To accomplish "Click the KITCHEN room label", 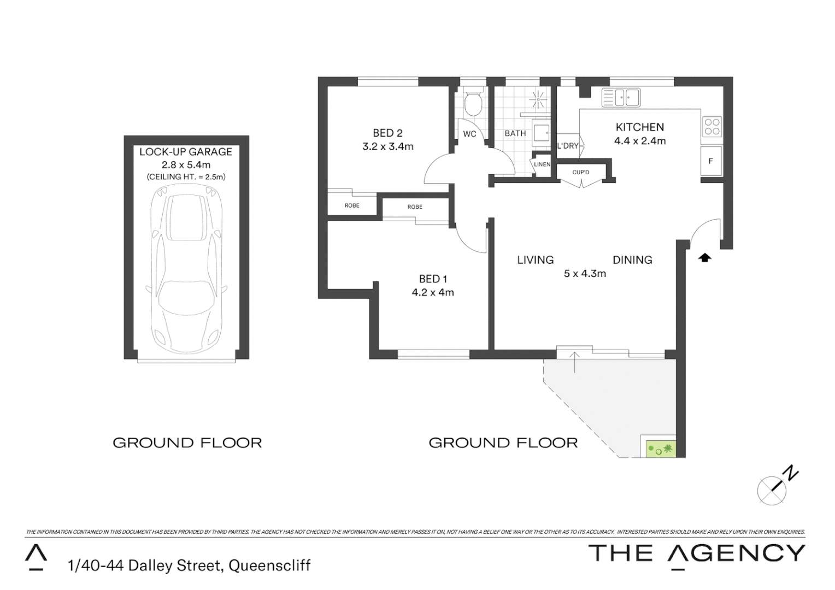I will click(639, 127).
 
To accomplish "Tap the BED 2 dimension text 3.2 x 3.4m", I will click(387, 146).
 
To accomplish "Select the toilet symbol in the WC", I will click(473, 103).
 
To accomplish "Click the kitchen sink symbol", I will click(621, 98).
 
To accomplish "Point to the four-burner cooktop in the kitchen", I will click(711, 127).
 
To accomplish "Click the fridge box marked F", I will click(711, 161).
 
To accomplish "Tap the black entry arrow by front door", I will click(705, 257).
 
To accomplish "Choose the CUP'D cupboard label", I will click(580, 173).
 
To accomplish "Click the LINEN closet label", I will click(542, 164).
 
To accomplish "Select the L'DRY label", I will click(567, 146).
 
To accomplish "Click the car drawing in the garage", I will click(186, 268).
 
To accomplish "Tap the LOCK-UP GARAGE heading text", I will click(186, 152).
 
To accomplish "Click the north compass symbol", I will click(772, 489).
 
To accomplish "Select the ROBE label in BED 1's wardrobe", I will click(415, 207).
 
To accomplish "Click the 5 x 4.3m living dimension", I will click(585, 274).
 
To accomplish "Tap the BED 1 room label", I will click(433, 279).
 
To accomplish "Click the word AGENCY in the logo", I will click(737, 553).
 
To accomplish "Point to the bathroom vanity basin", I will click(541, 133).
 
